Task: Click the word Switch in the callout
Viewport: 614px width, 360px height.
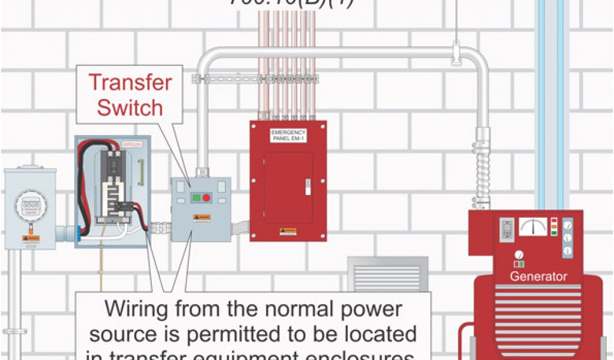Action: (130, 107)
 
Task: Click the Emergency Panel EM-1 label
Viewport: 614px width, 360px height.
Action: (288, 136)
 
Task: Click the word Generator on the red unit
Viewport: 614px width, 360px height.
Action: (538, 277)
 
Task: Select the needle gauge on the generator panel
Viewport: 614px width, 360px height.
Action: (532, 227)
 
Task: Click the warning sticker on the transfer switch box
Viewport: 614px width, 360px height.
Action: (201, 217)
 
